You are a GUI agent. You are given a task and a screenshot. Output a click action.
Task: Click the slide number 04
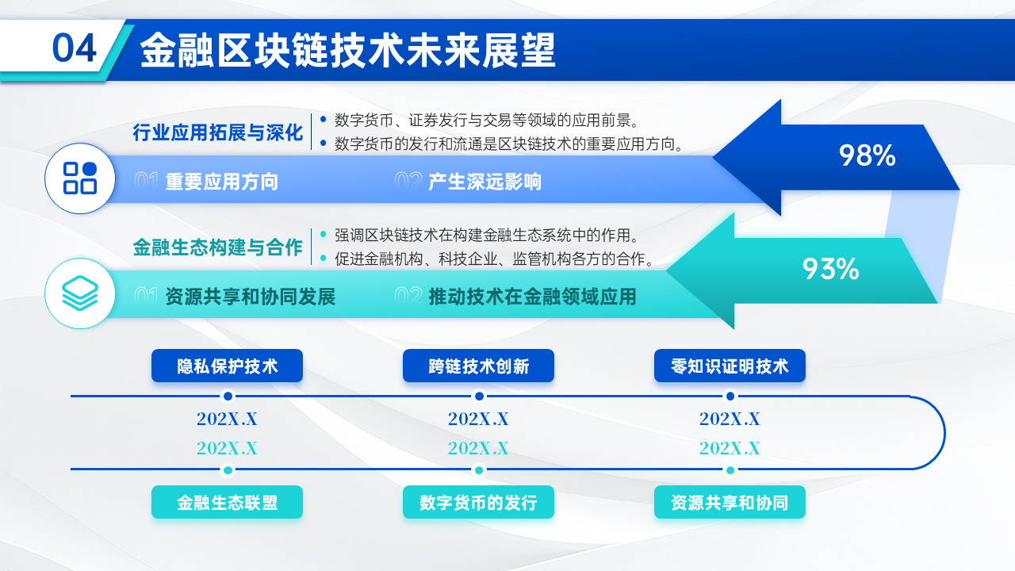[74, 49]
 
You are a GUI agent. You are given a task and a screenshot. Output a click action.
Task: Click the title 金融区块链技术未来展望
[347, 51]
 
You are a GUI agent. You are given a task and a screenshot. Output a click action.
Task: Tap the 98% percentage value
[867, 156]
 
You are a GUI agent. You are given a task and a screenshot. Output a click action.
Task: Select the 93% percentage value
[830, 270]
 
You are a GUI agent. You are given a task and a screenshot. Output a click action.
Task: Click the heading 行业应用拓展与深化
[218, 132]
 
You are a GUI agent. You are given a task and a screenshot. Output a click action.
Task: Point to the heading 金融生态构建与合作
[218, 247]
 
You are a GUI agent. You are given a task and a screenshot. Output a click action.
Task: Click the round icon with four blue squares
[80, 178]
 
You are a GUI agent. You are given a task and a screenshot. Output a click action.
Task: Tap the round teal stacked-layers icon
[80, 293]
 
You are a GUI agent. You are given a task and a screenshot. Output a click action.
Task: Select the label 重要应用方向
[222, 182]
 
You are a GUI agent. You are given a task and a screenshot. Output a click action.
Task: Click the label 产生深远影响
[485, 182]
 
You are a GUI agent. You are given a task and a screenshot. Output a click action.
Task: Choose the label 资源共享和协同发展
[251, 297]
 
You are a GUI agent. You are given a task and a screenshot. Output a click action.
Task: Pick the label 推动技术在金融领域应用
[532, 297]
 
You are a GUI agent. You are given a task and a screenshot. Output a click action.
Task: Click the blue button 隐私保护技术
[228, 366]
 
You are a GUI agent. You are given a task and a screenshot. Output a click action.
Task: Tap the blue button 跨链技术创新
[478, 366]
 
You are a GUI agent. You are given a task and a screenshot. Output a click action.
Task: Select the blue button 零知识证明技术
[730, 366]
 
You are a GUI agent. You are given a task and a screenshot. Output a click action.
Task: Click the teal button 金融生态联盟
[228, 502]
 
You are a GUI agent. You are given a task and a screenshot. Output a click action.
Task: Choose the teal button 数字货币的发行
[478, 502]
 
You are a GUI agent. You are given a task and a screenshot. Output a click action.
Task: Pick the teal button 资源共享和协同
[730, 502]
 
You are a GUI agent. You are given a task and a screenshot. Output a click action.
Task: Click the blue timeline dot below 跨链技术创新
[479, 396]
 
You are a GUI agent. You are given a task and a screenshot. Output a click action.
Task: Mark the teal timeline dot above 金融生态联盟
[228, 469]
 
